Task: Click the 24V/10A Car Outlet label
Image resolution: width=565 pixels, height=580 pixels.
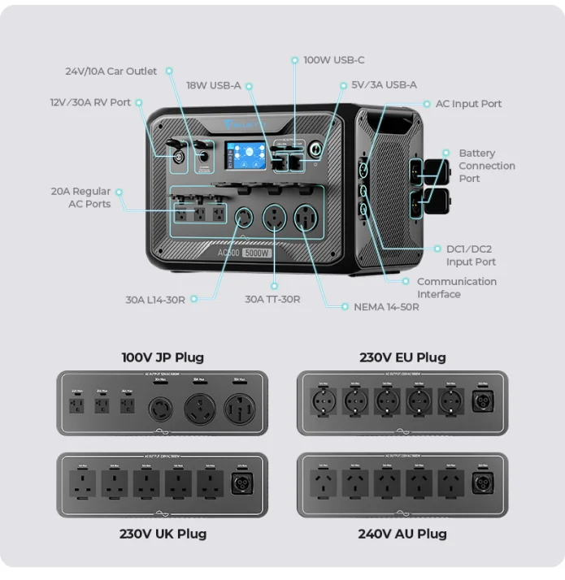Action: click(x=111, y=71)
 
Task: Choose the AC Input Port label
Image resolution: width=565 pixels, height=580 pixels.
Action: click(x=468, y=104)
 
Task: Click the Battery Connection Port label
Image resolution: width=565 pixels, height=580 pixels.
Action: click(x=486, y=166)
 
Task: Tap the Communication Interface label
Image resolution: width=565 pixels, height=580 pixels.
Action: click(x=456, y=288)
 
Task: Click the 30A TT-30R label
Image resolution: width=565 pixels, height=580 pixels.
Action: click(x=272, y=300)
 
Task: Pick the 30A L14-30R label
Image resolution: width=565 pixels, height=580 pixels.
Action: click(x=155, y=300)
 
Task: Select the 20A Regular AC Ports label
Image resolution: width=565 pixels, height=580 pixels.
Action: click(x=80, y=197)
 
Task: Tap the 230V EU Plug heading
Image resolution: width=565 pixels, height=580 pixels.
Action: click(x=402, y=357)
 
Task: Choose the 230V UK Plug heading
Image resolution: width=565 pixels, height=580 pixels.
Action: click(x=163, y=534)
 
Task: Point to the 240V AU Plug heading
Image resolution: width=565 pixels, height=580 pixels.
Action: click(x=402, y=534)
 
